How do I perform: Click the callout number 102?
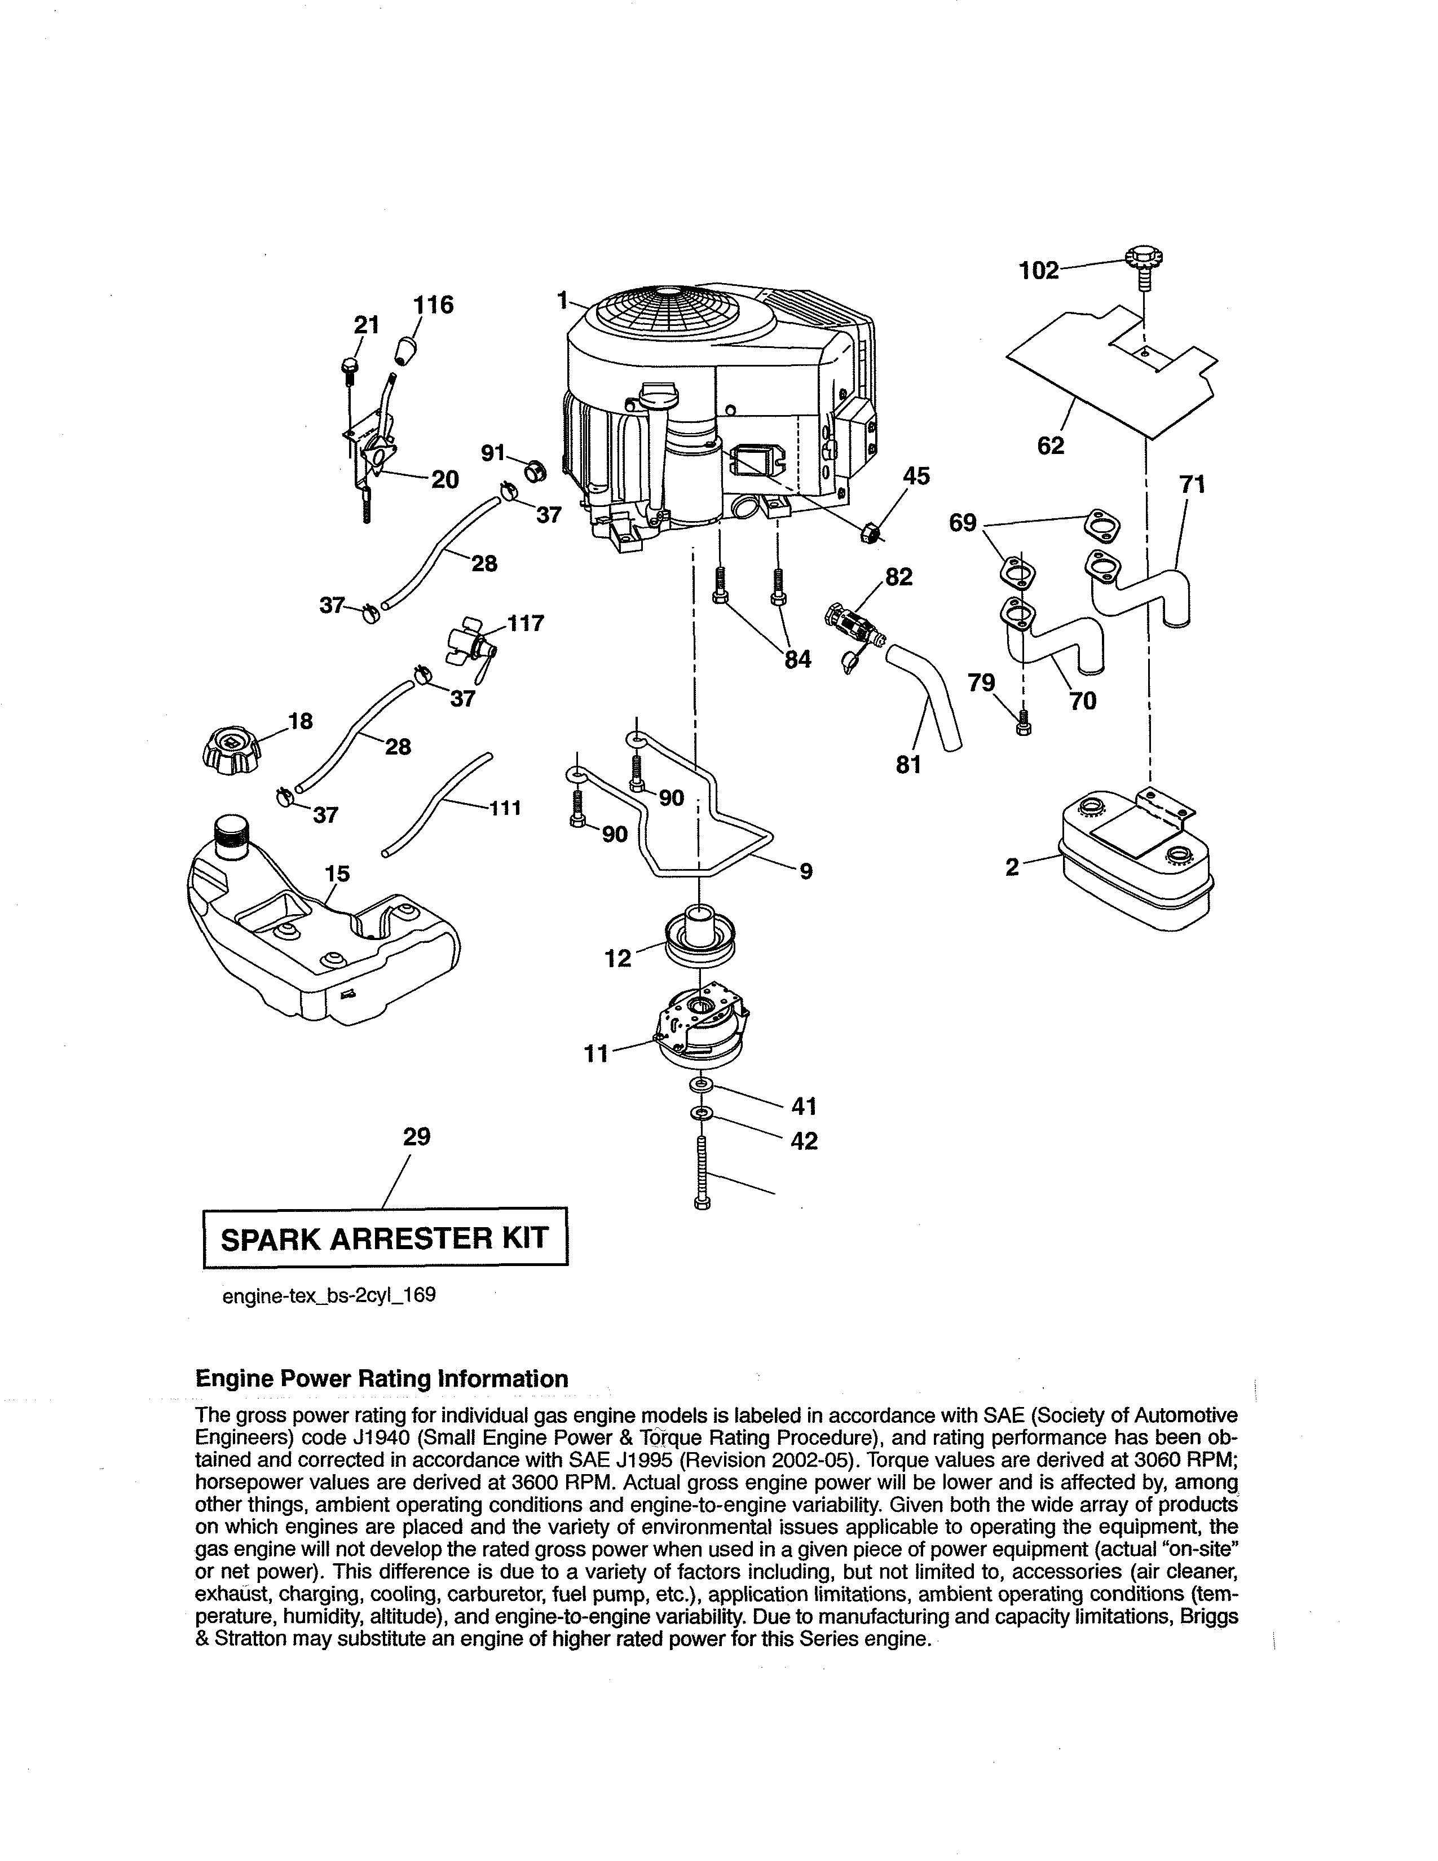coord(1038,271)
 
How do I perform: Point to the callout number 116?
coord(434,305)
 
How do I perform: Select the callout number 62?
coord(1051,445)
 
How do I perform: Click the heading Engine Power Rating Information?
coord(382,1379)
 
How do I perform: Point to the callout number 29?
coord(417,1136)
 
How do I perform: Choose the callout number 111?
coord(505,807)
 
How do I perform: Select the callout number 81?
coord(909,765)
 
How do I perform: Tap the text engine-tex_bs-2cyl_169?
coord(329,1295)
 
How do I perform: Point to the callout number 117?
coord(526,623)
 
